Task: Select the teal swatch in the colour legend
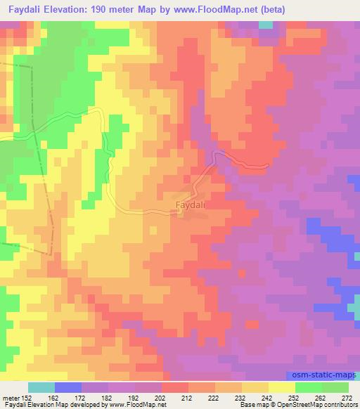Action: [41, 387]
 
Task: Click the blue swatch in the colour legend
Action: [68, 387]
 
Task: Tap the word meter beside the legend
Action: [10, 398]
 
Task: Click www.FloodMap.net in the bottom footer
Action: [143, 405]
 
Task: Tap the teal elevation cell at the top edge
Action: [266, 25]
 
